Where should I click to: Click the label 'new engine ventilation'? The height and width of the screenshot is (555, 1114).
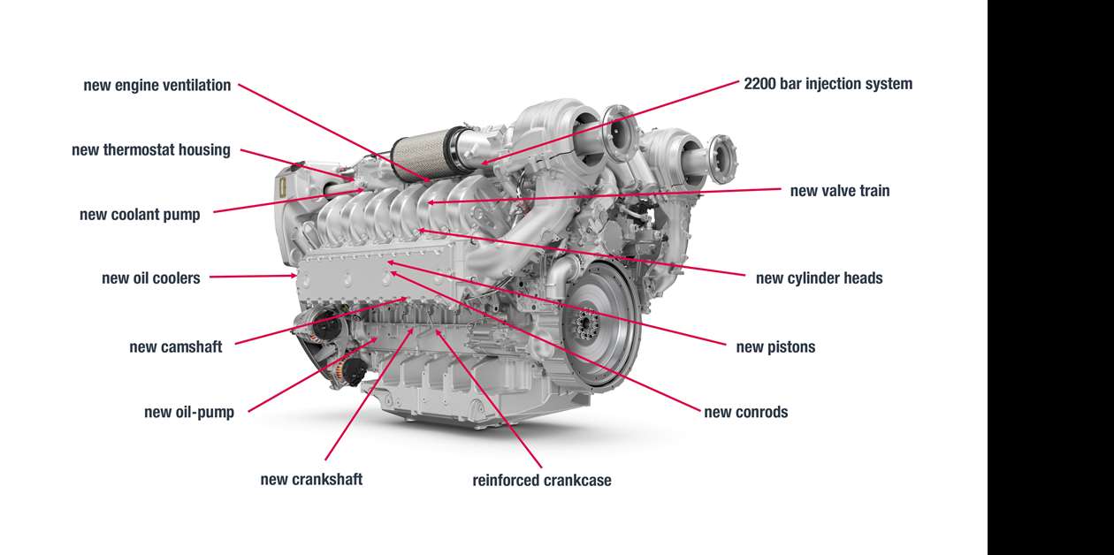point(157,86)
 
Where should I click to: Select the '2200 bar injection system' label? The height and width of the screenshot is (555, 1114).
point(828,84)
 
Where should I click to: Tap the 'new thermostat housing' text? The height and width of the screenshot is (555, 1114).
point(151,150)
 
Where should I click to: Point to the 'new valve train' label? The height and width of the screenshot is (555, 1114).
point(840,191)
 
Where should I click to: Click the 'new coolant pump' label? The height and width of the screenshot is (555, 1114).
point(140,215)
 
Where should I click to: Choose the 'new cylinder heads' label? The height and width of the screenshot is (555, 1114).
point(819,278)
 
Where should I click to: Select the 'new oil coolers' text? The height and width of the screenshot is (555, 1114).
point(151,278)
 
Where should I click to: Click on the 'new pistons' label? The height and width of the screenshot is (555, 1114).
point(775,346)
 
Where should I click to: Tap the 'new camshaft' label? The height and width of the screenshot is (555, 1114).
point(176,346)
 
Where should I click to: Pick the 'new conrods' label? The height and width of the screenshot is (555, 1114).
point(745,412)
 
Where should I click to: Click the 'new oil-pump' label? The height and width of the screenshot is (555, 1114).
point(189,413)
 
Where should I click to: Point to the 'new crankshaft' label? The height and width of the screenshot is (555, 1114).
point(311,479)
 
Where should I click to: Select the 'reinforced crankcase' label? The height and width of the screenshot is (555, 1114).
point(542,481)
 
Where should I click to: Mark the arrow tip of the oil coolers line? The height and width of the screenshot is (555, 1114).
point(296,276)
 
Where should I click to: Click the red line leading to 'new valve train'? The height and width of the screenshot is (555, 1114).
point(619,196)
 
